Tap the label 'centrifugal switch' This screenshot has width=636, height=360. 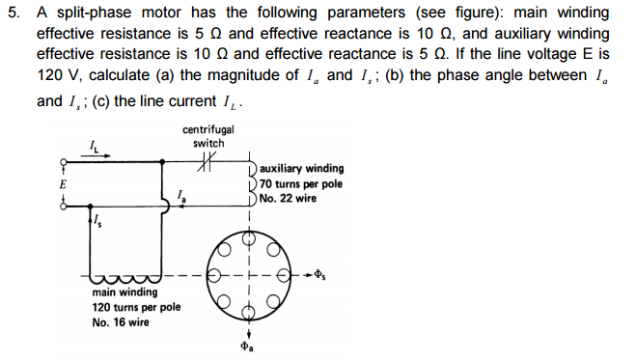pyautogui.click(x=207, y=136)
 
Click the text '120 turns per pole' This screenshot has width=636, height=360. pyautogui.click(x=136, y=307)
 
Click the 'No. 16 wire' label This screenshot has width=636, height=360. pyautogui.click(x=121, y=322)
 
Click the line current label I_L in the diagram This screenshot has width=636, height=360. pyautogui.click(x=94, y=146)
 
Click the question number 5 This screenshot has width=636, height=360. pyautogui.click(x=11, y=12)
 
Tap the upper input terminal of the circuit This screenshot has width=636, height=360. pyautogui.click(x=65, y=162)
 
